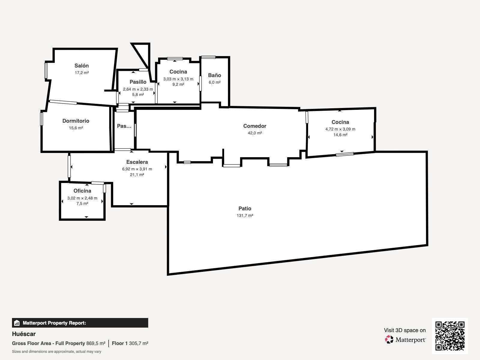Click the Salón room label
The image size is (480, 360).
click(x=82, y=66)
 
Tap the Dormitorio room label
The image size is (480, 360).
click(x=76, y=121)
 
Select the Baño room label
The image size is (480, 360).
click(x=214, y=75)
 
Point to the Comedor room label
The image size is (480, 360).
click(x=255, y=126)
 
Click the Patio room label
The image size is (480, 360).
click(x=245, y=208)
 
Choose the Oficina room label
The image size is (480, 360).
click(x=82, y=191)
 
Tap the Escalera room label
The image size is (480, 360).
click(x=137, y=162)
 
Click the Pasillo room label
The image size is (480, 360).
click(x=138, y=82)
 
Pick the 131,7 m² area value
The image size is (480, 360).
click(x=245, y=215)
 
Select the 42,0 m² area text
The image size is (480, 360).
click(x=255, y=133)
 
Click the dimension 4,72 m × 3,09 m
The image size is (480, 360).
click(x=340, y=129)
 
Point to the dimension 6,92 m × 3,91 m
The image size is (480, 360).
click(x=137, y=169)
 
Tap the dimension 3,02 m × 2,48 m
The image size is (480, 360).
click(x=82, y=198)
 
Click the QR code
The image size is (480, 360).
click(x=450, y=336)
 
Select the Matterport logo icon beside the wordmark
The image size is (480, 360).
click(x=389, y=340)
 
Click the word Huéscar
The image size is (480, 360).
click(x=24, y=334)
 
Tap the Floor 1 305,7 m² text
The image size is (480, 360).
click(x=130, y=343)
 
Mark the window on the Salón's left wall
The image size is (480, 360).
click(x=46, y=70)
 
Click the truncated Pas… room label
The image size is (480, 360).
click(x=124, y=126)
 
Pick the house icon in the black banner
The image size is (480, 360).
click(x=16, y=323)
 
